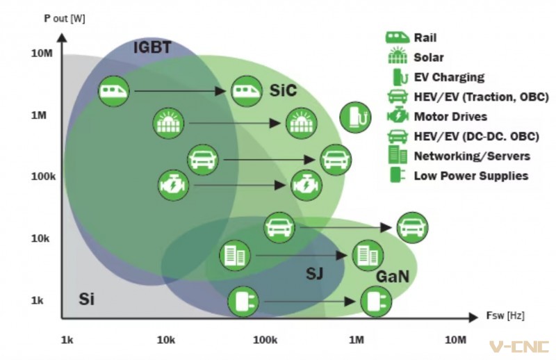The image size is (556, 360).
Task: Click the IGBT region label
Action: [x=152, y=47]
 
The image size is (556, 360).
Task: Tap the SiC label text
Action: [x=283, y=90]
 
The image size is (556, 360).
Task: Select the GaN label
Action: [x=393, y=277]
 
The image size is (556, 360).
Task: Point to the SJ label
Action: [x=315, y=273]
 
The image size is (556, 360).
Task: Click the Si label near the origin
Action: [x=86, y=299]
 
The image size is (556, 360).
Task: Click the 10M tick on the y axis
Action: [x=42, y=54]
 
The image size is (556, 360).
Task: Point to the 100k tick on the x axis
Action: [x=265, y=340]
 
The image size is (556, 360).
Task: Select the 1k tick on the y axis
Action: [x=38, y=300]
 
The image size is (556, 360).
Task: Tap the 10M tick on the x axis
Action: [x=456, y=340]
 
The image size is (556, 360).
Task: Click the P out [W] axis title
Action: [x=65, y=19]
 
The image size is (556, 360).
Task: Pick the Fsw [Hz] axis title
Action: [x=505, y=316]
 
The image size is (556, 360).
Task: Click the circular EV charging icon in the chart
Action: [x=355, y=117]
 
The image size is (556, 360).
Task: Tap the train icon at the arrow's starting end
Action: [x=113, y=90]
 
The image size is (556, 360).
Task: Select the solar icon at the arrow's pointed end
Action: [x=302, y=123]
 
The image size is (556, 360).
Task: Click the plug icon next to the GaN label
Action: [x=376, y=302]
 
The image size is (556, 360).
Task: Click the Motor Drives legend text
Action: [x=450, y=116]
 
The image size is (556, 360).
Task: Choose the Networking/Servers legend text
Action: [x=472, y=156]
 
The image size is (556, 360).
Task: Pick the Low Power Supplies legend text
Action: [x=471, y=176]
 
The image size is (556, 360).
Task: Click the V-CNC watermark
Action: [x=518, y=347]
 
